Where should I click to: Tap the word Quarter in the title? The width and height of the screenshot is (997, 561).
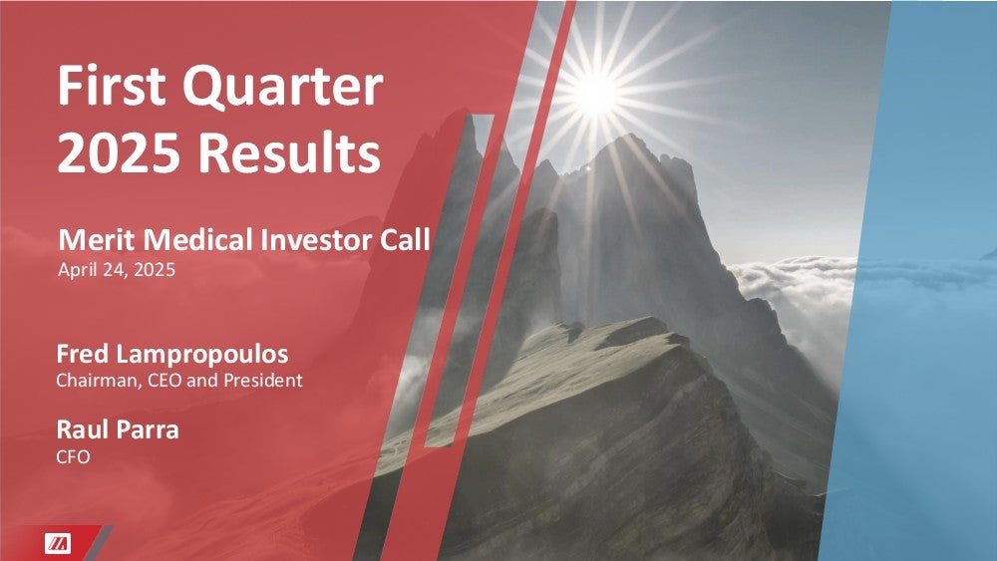tap(283, 88)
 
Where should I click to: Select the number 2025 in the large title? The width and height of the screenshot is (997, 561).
tap(119, 153)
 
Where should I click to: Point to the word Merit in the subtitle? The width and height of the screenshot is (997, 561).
tap(97, 240)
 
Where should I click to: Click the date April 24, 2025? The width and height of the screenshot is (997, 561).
tap(117, 270)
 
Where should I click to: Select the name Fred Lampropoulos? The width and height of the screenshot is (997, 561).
tap(172, 355)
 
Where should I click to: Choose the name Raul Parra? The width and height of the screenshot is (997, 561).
tap(118, 430)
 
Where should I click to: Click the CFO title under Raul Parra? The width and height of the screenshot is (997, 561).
tap(73, 456)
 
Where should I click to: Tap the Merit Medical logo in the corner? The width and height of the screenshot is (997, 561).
tap(58, 544)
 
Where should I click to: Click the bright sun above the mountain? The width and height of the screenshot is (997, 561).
tap(596, 94)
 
